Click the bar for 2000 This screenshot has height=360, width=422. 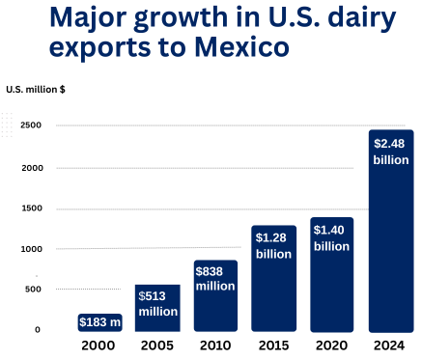(99, 322)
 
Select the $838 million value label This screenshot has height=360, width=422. (215, 278)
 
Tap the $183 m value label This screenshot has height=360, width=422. (99, 321)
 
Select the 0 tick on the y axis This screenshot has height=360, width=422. (37, 330)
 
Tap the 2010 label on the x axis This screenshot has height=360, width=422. (215, 346)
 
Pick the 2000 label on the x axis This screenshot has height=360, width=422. (99, 346)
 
